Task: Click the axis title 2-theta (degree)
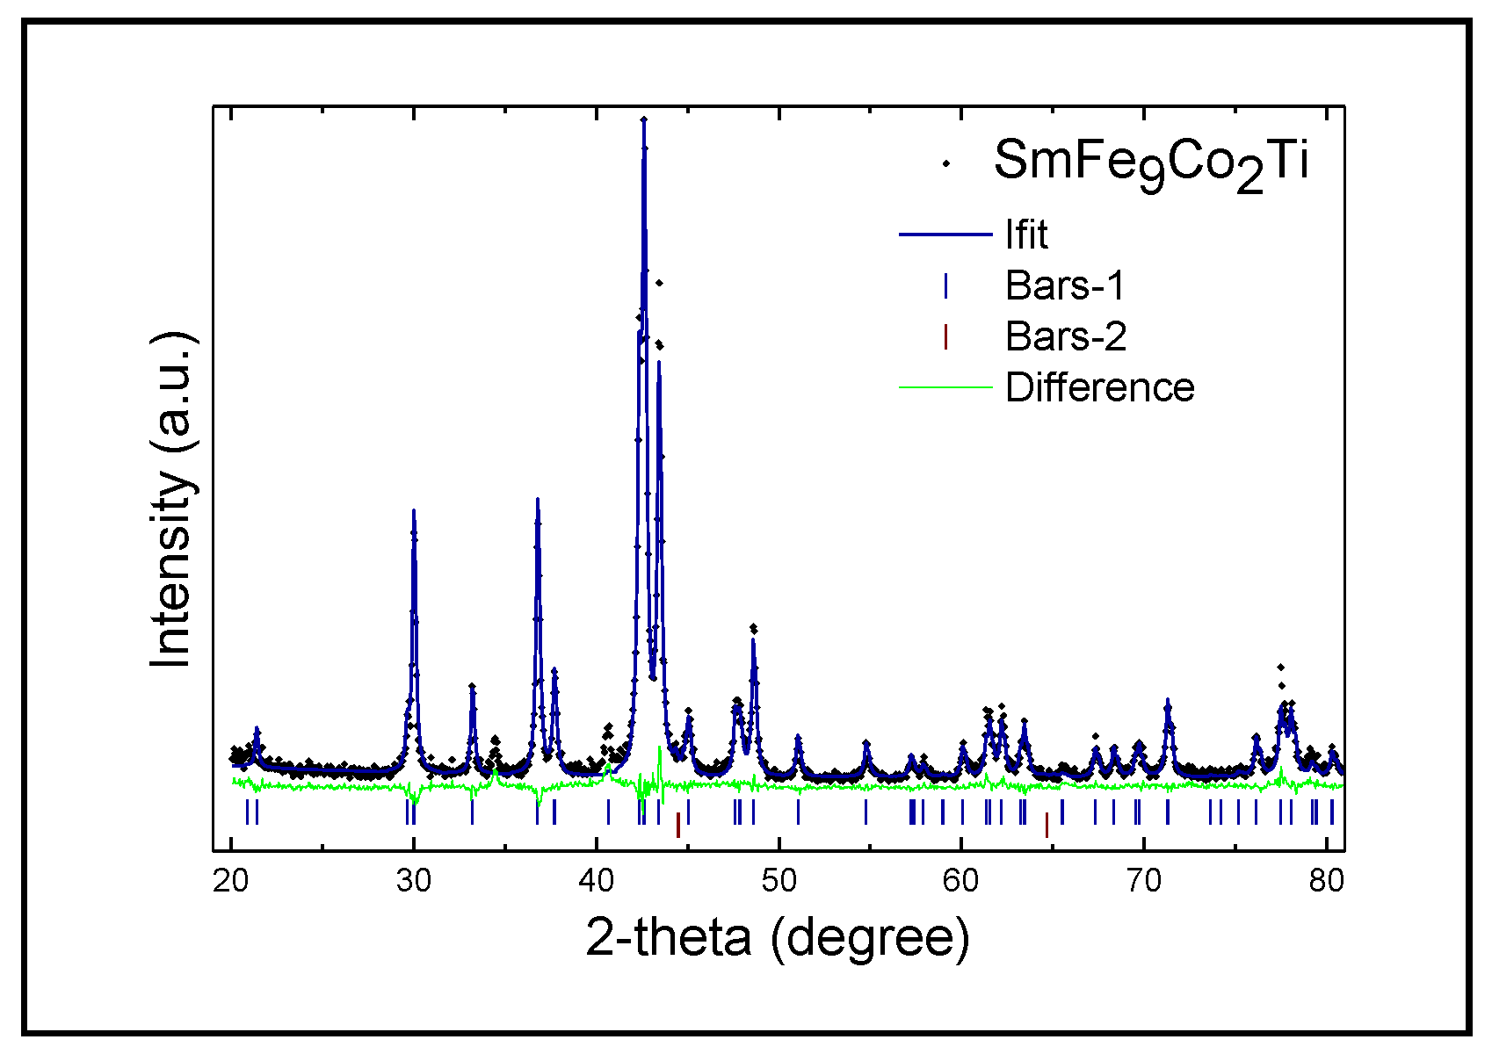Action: tap(778, 938)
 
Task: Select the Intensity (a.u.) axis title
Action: tap(171, 501)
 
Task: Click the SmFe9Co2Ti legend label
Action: tap(1151, 163)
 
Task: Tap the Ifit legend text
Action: tap(1026, 235)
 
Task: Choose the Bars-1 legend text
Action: tap(1065, 285)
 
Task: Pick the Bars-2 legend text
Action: tap(1065, 336)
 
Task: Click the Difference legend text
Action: tap(1100, 387)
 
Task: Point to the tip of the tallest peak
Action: tap(644, 119)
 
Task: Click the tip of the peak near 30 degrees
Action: tap(413, 510)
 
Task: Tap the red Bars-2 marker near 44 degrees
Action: tap(677, 825)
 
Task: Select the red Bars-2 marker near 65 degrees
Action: tap(1047, 825)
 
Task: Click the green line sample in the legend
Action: tap(945, 387)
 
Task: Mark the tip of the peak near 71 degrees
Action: tap(1168, 700)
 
